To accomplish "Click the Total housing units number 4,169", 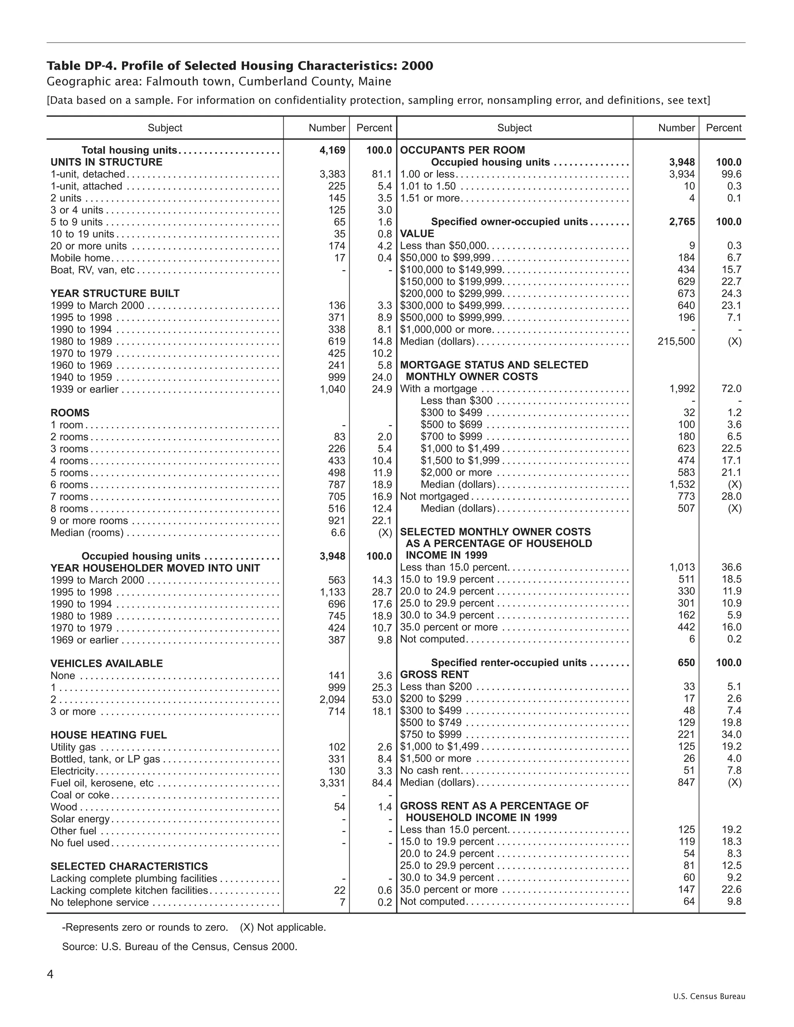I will [332, 150].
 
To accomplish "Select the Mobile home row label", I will [80, 258].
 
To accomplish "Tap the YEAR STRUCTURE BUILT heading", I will [115, 293].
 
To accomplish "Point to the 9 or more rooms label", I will [90, 520].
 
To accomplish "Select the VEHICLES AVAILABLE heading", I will [106, 663].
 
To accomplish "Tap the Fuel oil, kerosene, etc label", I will [102, 783].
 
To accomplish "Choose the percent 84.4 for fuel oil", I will [382, 783].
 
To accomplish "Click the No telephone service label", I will [100, 902].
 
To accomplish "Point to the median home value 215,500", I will [676, 341].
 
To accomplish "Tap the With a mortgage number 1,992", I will [682, 389].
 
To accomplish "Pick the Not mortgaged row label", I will [435, 496].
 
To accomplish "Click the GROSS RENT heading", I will [435, 675].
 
